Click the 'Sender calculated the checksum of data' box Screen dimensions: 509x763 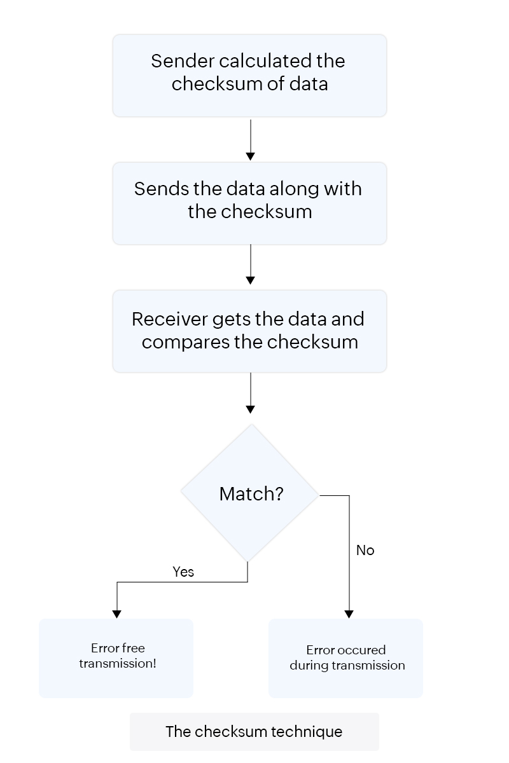pyautogui.click(x=249, y=75)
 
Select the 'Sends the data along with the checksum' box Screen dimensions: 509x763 pyautogui.click(x=249, y=203)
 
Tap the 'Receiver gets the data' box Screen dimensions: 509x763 pyautogui.click(x=249, y=331)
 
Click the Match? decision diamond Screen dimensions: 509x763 pyautogui.click(x=250, y=493)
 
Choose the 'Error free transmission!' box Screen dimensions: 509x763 pyautogui.click(x=116, y=658)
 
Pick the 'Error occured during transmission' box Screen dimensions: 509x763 pyautogui.click(x=345, y=658)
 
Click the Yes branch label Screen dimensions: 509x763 pyautogui.click(x=183, y=572)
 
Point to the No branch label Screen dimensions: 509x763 pyautogui.click(x=365, y=551)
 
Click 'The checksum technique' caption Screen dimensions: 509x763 pyautogui.click(x=254, y=732)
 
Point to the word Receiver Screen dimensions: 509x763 pyautogui.click(x=169, y=319)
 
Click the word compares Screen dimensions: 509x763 pyautogui.click(x=185, y=343)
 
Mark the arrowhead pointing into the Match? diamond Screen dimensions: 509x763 pyautogui.click(x=250, y=409)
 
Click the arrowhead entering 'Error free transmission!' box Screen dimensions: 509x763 pyautogui.click(x=116, y=614)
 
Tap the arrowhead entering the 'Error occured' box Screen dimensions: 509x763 pyautogui.click(x=349, y=614)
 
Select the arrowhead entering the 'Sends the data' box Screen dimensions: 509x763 pyautogui.click(x=250, y=156)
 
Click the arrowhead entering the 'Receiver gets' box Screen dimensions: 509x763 pyautogui.click(x=250, y=280)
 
